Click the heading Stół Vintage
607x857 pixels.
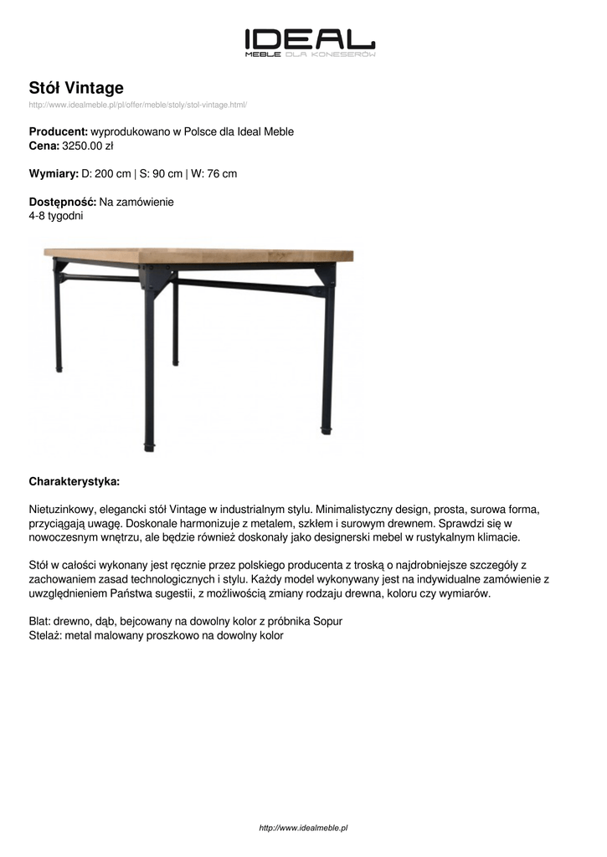[x=76, y=88]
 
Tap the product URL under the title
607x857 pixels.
[x=137, y=105]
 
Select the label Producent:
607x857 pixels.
[x=59, y=132]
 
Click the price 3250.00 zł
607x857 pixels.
[x=88, y=146]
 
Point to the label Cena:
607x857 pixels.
[x=44, y=146]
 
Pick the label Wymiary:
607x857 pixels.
[x=54, y=174]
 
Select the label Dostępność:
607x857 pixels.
[x=63, y=202]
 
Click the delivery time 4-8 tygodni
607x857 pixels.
[x=56, y=215]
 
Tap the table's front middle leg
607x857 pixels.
[x=149, y=368]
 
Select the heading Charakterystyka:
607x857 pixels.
[x=75, y=481]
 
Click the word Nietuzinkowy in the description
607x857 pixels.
[x=63, y=509]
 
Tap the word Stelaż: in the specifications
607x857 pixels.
[x=45, y=635]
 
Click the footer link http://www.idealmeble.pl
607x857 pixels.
[x=303, y=828]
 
